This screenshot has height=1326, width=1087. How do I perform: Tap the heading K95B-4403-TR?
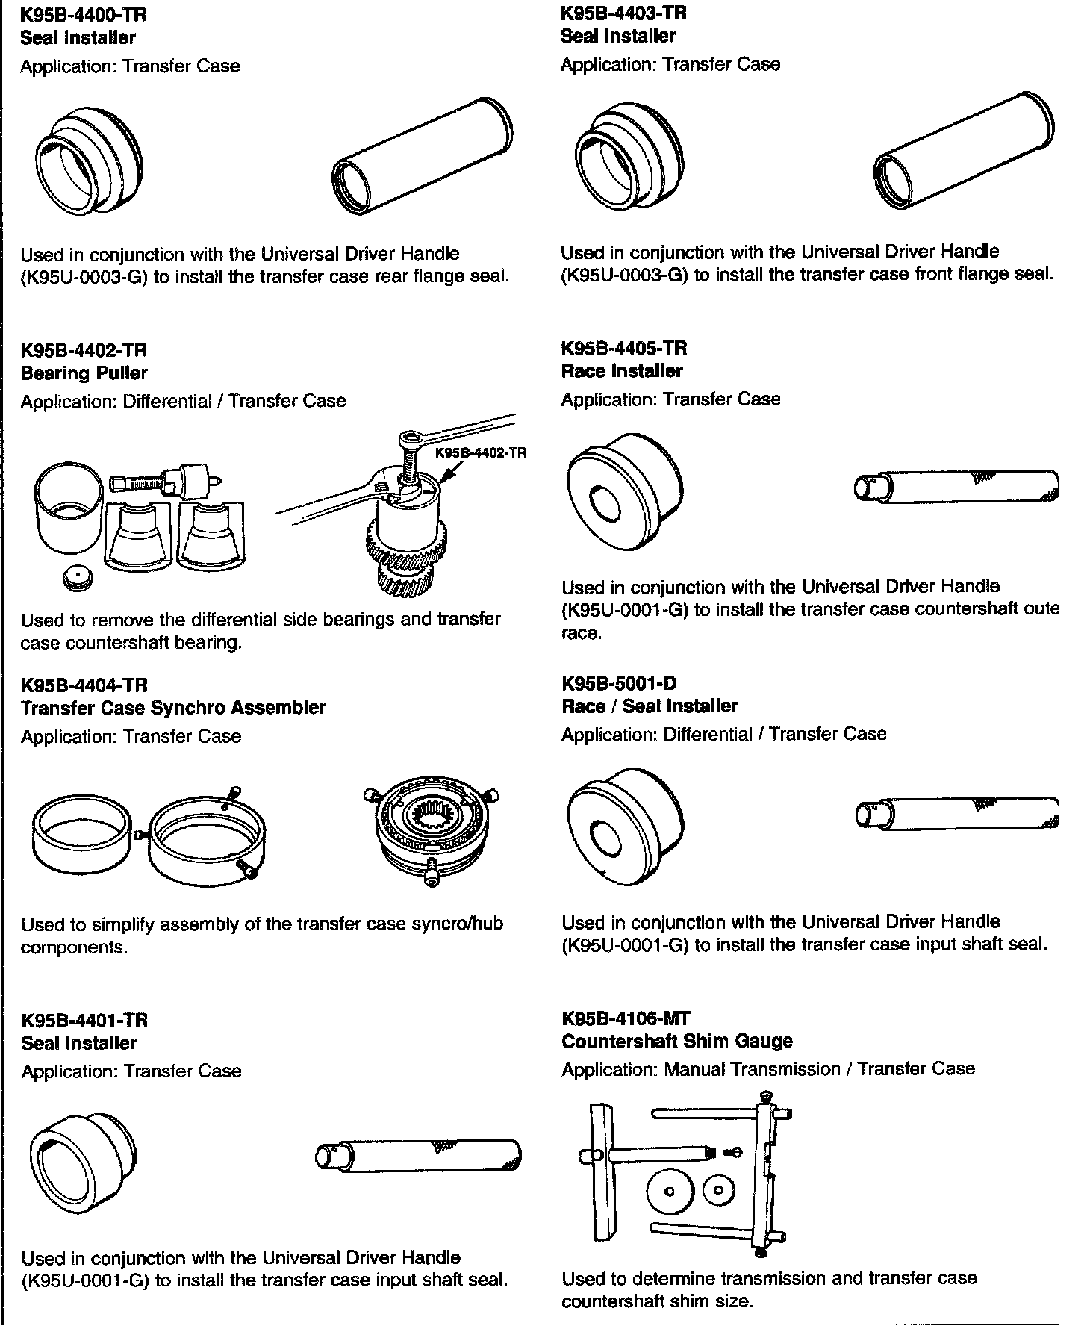tap(623, 13)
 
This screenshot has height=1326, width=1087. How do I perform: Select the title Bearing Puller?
tap(84, 373)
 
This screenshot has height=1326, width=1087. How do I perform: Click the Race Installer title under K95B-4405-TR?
tap(622, 370)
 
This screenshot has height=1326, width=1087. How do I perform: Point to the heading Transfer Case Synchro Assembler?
tap(173, 707)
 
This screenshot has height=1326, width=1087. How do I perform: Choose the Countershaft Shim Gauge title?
tap(677, 1041)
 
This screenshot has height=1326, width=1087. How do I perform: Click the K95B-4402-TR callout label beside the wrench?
tap(481, 452)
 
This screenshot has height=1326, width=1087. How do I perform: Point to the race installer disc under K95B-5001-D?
tap(625, 825)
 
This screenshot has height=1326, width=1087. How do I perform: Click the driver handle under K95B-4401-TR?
tap(418, 1157)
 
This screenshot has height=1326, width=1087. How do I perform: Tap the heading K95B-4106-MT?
tap(626, 1018)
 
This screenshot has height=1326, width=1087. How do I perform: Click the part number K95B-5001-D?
tap(619, 683)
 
